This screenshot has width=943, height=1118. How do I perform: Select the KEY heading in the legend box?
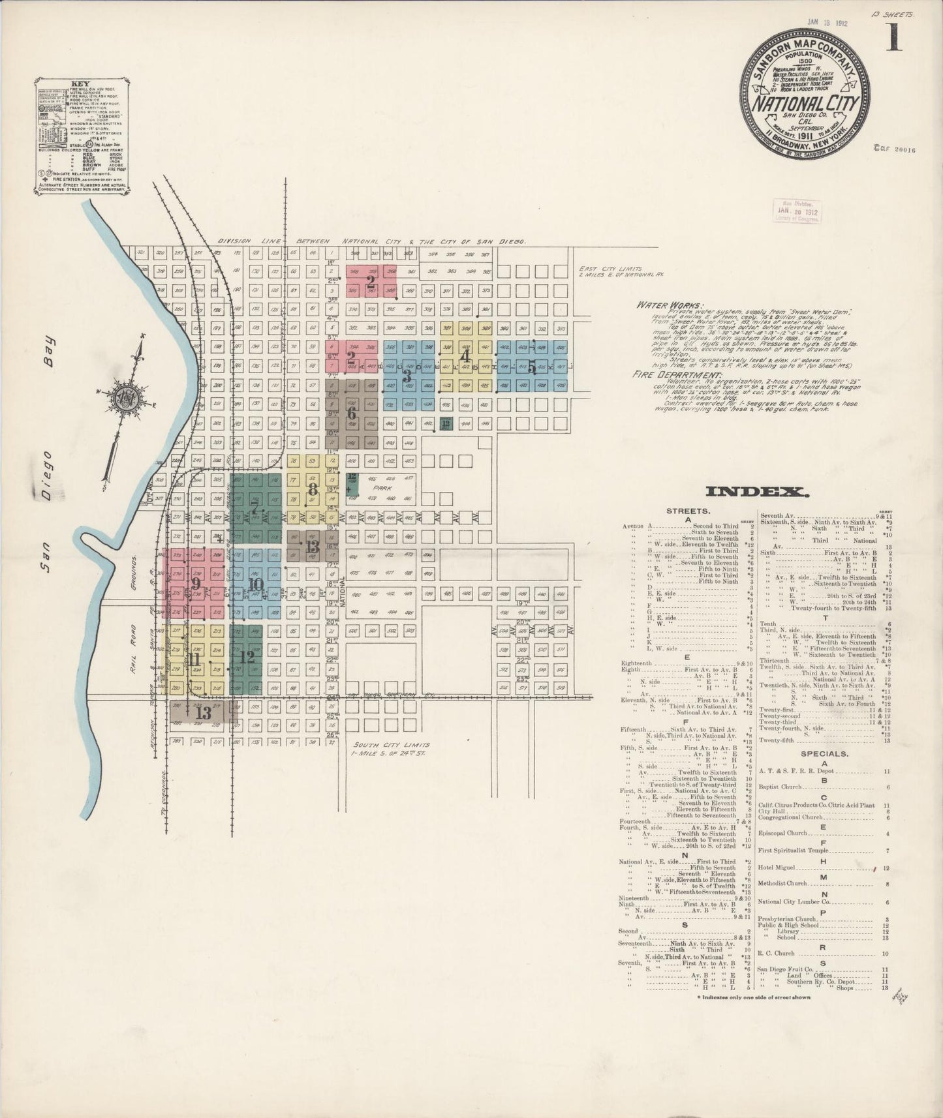click(x=80, y=84)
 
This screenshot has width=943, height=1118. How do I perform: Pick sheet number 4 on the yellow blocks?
click(x=465, y=356)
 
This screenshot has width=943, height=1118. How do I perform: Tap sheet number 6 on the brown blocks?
click(x=351, y=414)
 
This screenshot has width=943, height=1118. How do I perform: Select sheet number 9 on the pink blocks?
click(x=195, y=582)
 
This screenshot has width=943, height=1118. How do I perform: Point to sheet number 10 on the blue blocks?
click(x=255, y=584)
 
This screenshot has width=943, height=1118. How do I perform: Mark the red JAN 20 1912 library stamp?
click(x=797, y=211)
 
